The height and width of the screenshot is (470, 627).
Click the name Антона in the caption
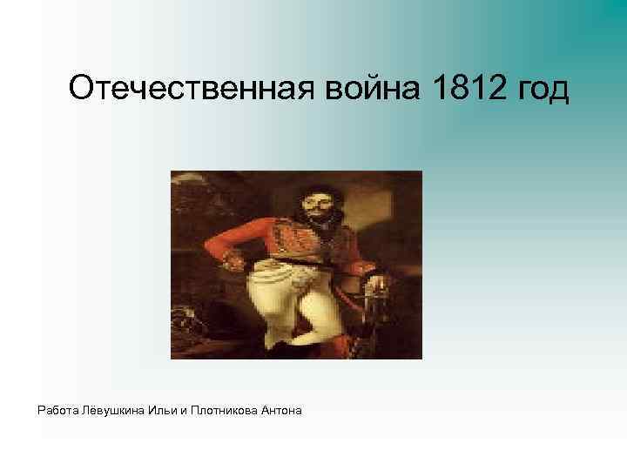(x=281, y=409)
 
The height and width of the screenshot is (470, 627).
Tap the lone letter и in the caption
(x=184, y=409)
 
